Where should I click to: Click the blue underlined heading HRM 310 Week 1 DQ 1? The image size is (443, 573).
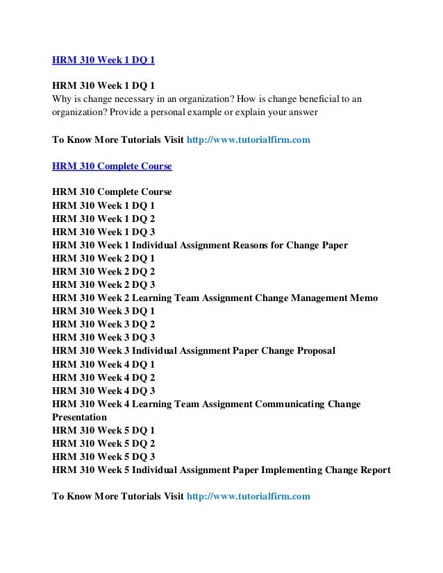pos(103,60)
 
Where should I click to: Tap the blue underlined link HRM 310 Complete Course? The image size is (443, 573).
pos(112,166)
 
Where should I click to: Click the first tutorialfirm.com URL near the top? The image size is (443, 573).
pos(249,140)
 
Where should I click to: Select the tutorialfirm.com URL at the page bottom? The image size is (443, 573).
pos(249,497)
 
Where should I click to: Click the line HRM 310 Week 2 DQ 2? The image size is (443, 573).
pos(103,272)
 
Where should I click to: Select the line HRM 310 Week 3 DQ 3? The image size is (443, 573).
pos(103,338)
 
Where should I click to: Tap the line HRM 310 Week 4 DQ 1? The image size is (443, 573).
pos(103,364)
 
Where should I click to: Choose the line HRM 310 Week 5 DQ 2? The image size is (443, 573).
pos(103,443)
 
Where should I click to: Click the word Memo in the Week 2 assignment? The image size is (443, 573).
pos(364,298)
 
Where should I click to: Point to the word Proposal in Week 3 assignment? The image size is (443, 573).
pos(312,351)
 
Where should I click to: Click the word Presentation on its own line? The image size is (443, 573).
pos(80,418)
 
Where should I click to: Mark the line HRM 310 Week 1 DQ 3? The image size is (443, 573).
pos(103,232)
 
